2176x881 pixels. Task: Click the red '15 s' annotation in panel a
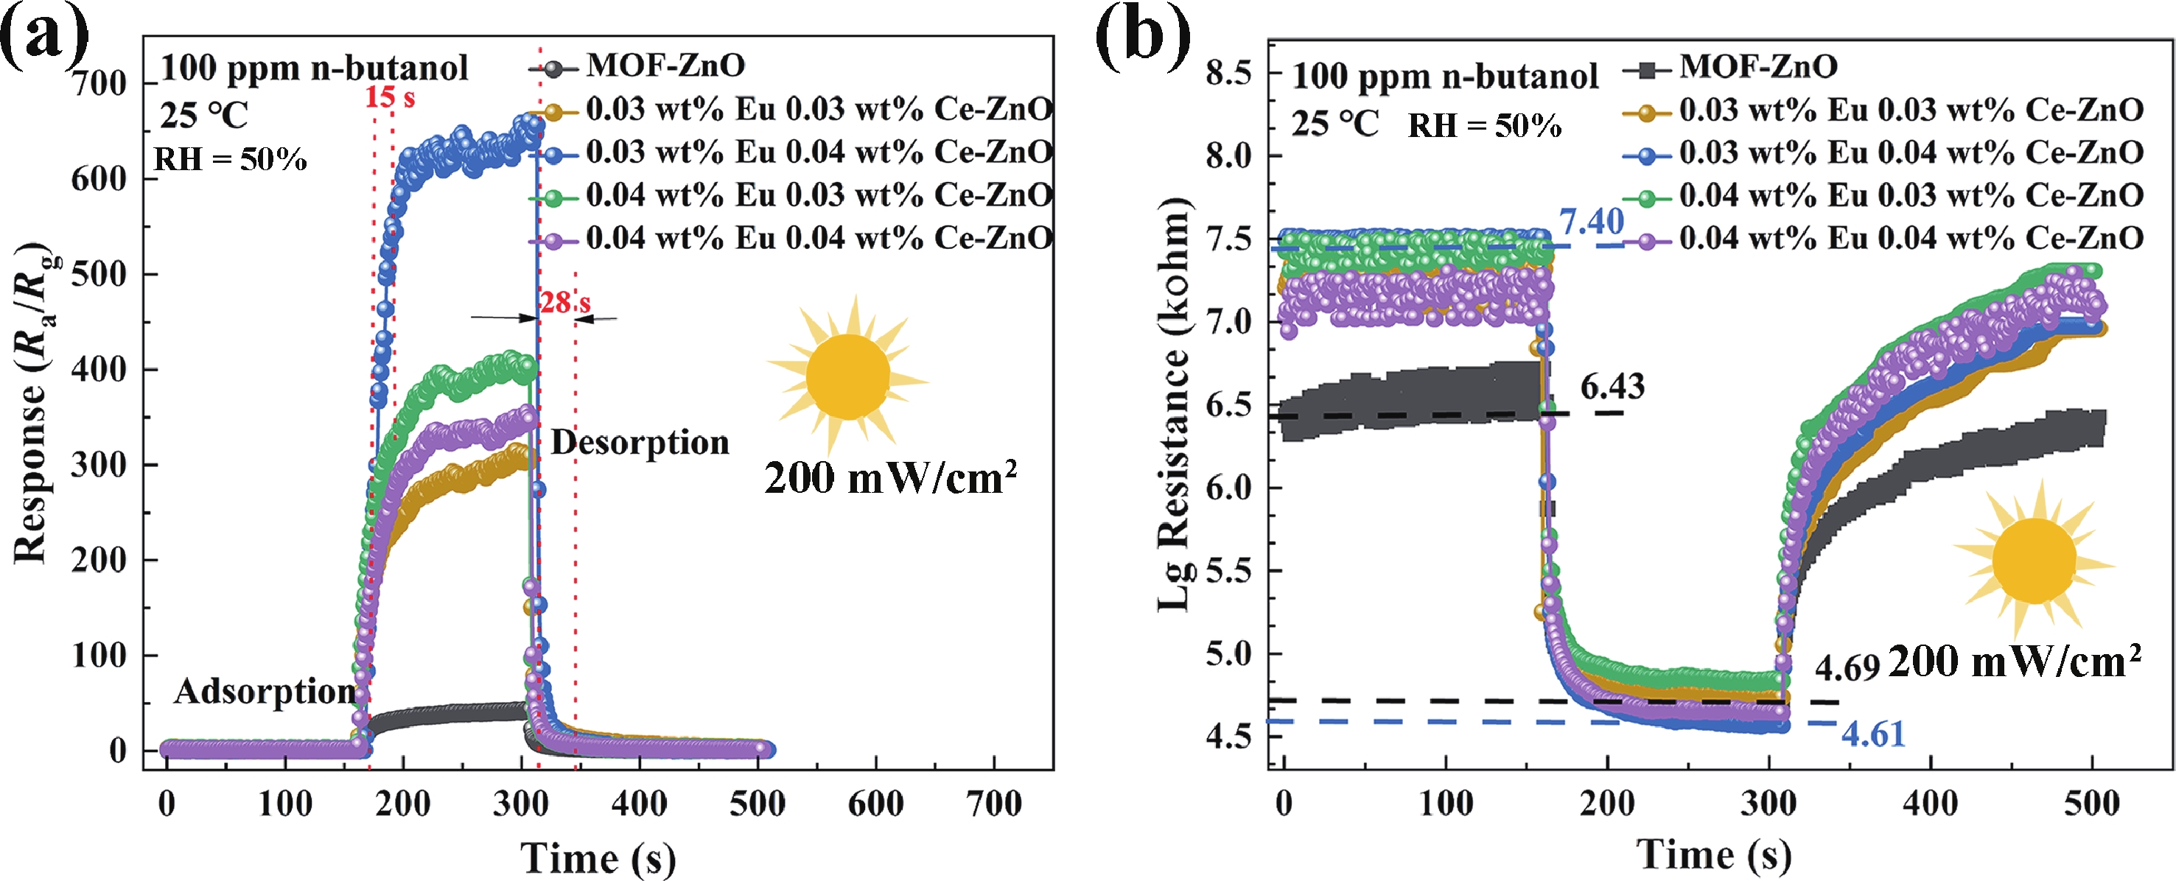[389, 98]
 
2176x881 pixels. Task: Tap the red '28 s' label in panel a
[565, 303]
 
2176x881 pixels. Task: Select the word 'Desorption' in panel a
[640, 443]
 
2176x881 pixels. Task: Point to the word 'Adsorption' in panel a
[265, 692]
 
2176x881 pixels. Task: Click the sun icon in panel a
[847, 376]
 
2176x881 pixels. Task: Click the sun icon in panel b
[2033, 559]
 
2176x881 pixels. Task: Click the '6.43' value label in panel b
[1612, 387]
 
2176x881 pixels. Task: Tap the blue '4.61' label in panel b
[1872, 735]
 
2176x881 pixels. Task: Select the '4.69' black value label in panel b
[1847, 668]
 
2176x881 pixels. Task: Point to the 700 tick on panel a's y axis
[99, 84]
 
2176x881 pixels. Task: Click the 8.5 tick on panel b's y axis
[1229, 74]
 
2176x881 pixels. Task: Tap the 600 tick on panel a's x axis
[875, 804]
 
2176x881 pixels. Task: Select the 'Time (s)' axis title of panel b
[1714, 854]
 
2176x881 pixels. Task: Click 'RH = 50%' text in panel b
[1484, 126]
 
